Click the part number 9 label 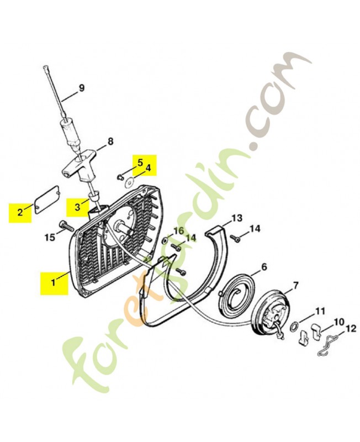click(82, 87)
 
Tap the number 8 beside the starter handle click(110, 141)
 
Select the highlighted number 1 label click(54, 282)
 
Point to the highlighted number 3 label click(77, 207)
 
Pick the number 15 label click(50, 237)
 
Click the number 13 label click(236, 218)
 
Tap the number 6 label click(264, 266)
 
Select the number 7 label click(295, 285)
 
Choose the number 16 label click(178, 230)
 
